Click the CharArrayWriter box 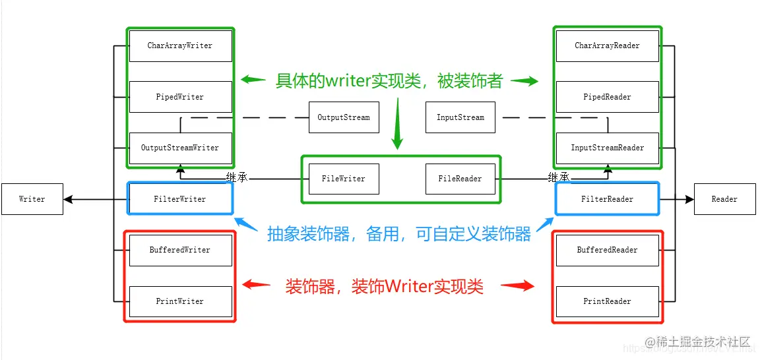[x=180, y=46]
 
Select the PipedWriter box [x=180, y=97]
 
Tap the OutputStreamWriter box [x=180, y=148]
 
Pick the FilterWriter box [x=180, y=198]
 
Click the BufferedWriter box [x=180, y=250]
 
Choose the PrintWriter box [x=180, y=301]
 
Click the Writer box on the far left [x=32, y=199]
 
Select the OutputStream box [x=344, y=118]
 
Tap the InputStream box [x=460, y=118]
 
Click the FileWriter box [x=344, y=179]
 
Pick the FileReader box [x=460, y=179]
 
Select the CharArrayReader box [x=607, y=46]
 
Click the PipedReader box [x=607, y=97]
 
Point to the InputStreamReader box [x=607, y=148]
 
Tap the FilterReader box [x=607, y=198]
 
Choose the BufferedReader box [x=607, y=250]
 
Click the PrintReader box [x=607, y=301]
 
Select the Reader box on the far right [x=724, y=199]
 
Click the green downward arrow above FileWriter [x=397, y=125]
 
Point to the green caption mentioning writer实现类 [x=389, y=81]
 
